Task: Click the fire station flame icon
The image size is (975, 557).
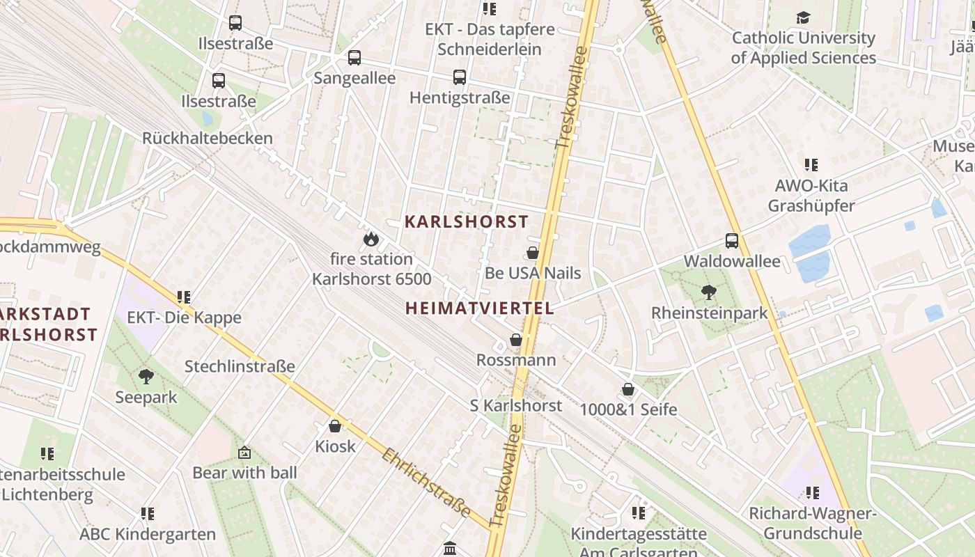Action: (x=370, y=240)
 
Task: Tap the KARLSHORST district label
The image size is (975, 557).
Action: (x=467, y=222)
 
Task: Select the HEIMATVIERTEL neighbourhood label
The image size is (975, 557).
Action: (x=480, y=308)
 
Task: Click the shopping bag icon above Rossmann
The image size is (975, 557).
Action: (x=516, y=340)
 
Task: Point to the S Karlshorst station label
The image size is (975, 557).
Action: (x=516, y=405)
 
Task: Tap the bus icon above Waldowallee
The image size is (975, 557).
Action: (x=732, y=241)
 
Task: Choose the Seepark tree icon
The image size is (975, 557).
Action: (x=146, y=377)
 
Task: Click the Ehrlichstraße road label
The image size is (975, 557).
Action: (x=426, y=483)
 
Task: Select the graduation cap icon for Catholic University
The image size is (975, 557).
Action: (x=804, y=17)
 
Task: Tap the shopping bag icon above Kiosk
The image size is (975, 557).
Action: (x=335, y=425)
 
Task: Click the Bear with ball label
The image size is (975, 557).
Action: (x=244, y=473)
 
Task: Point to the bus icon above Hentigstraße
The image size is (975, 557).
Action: (x=460, y=77)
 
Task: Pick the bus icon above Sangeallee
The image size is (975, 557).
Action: (x=354, y=58)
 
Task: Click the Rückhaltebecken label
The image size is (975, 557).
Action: (x=208, y=138)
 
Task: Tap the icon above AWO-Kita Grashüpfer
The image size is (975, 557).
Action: (x=811, y=165)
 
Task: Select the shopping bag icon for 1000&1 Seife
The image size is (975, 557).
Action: (x=628, y=389)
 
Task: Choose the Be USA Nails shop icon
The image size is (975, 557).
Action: (x=533, y=253)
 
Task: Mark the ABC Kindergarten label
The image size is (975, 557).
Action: (x=148, y=535)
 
